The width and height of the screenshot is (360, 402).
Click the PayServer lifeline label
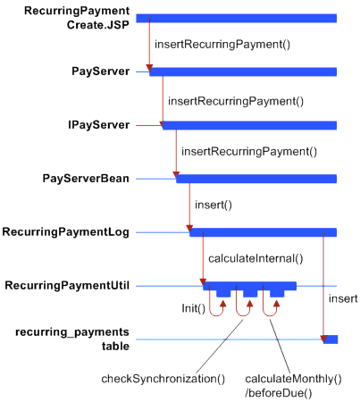pyautogui.click(x=101, y=71)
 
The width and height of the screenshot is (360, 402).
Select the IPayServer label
pyautogui.click(x=99, y=125)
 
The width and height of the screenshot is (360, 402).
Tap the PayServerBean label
pyautogui.click(x=86, y=179)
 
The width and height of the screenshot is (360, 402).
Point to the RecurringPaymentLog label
pyautogui.click(x=66, y=232)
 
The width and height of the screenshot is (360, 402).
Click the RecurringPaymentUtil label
pyautogui.click(x=67, y=286)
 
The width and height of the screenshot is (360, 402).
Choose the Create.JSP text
pyautogui.click(x=98, y=25)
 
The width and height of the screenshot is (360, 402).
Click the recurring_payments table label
pyautogui.click(x=72, y=339)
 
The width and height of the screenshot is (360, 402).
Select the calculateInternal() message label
pyautogui.click(x=255, y=258)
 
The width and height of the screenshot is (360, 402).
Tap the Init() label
pyautogui.click(x=194, y=308)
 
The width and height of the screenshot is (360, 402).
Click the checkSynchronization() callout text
pyautogui.click(x=163, y=379)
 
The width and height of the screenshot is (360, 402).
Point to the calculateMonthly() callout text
pyautogui.click(x=293, y=379)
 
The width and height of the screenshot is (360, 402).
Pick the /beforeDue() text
pyautogui.click(x=279, y=393)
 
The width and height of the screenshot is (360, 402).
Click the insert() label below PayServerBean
pyautogui.click(x=213, y=205)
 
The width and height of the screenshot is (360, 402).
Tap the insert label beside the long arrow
pyautogui.click(x=343, y=298)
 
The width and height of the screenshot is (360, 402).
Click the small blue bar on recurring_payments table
pyautogui.click(x=331, y=339)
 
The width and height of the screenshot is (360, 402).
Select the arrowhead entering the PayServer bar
pyautogui.click(x=149, y=68)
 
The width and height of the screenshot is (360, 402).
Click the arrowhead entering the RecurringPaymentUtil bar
pyautogui.click(x=203, y=282)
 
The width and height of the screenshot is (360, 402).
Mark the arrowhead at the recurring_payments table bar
pyautogui.click(x=323, y=339)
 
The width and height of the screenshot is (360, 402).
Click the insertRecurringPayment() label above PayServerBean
pyautogui.click(x=249, y=152)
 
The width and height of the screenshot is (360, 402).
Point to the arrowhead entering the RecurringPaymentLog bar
pyautogui.click(x=189, y=229)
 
